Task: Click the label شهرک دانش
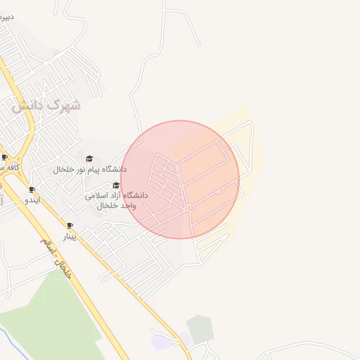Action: pyautogui.click(x=46, y=105)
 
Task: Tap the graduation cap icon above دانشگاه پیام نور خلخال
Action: pyautogui.click(x=89, y=159)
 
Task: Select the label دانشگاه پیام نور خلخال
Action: pyautogui.click(x=90, y=169)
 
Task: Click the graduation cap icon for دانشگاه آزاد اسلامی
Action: pyautogui.click(x=116, y=186)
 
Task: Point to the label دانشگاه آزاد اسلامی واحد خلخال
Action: pyautogui.click(x=116, y=200)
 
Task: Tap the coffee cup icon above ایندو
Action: pyautogui.click(x=32, y=190)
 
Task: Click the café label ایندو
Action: pyautogui.click(x=32, y=200)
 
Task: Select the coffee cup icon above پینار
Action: pyautogui.click(x=70, y=226)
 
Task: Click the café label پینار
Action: pyautogui.click(x=70, y=236)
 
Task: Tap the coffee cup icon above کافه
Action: pyautogui.click(x=4, y=157)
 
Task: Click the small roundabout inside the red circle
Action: pyautogui.click(x=191, y=208)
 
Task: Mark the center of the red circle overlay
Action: pyautogui.click(x=180, y=179)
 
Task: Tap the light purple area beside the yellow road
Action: pyautogui.click(x=164, y=342)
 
